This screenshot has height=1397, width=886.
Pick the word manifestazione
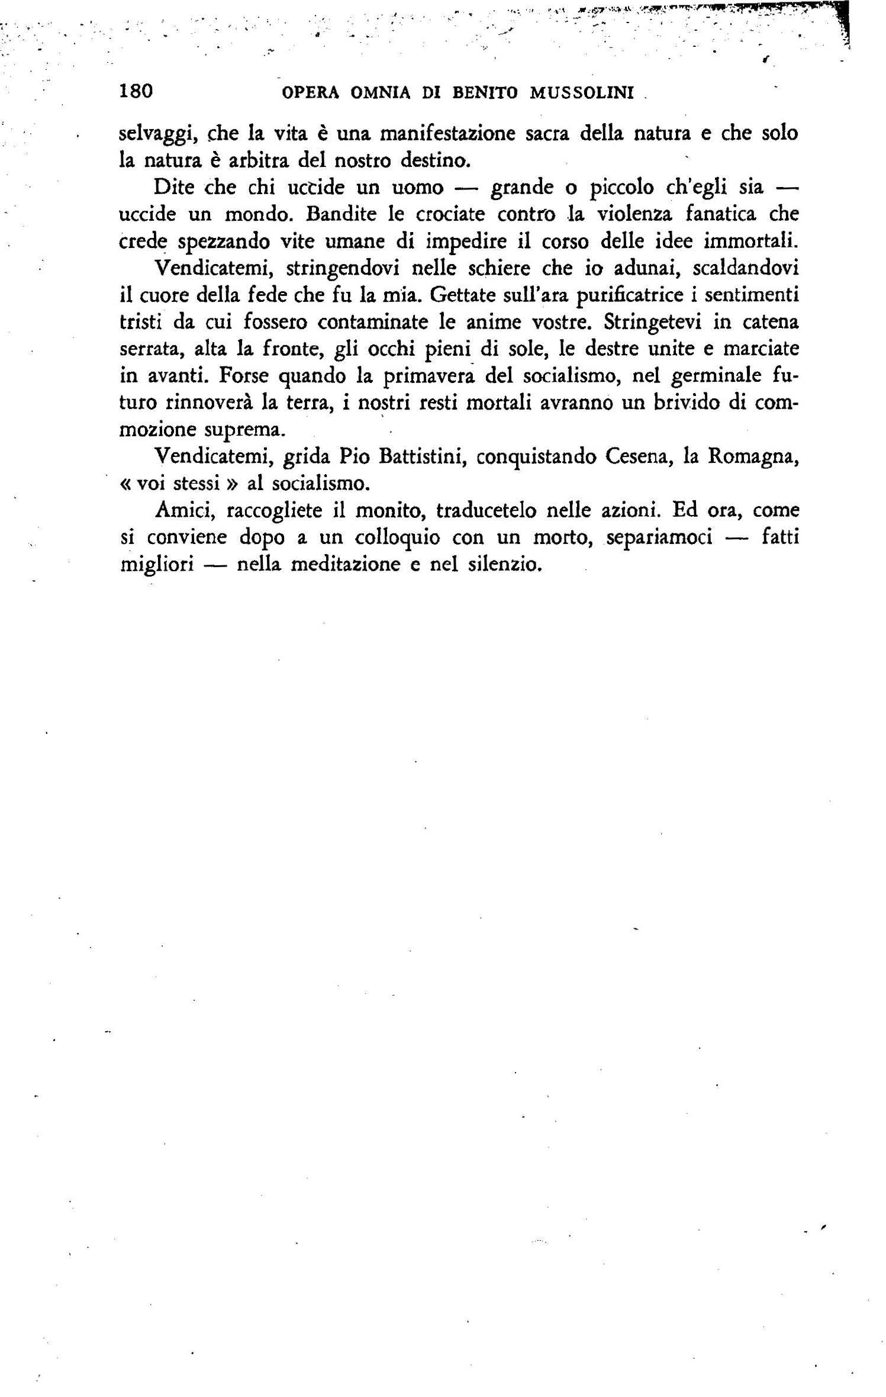pyautogui.click(x=447, y=133)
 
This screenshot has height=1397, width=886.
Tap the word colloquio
pyautogui.click(x=397, y=538)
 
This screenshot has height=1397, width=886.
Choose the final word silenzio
pyautogui.click(x=505, y=565)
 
